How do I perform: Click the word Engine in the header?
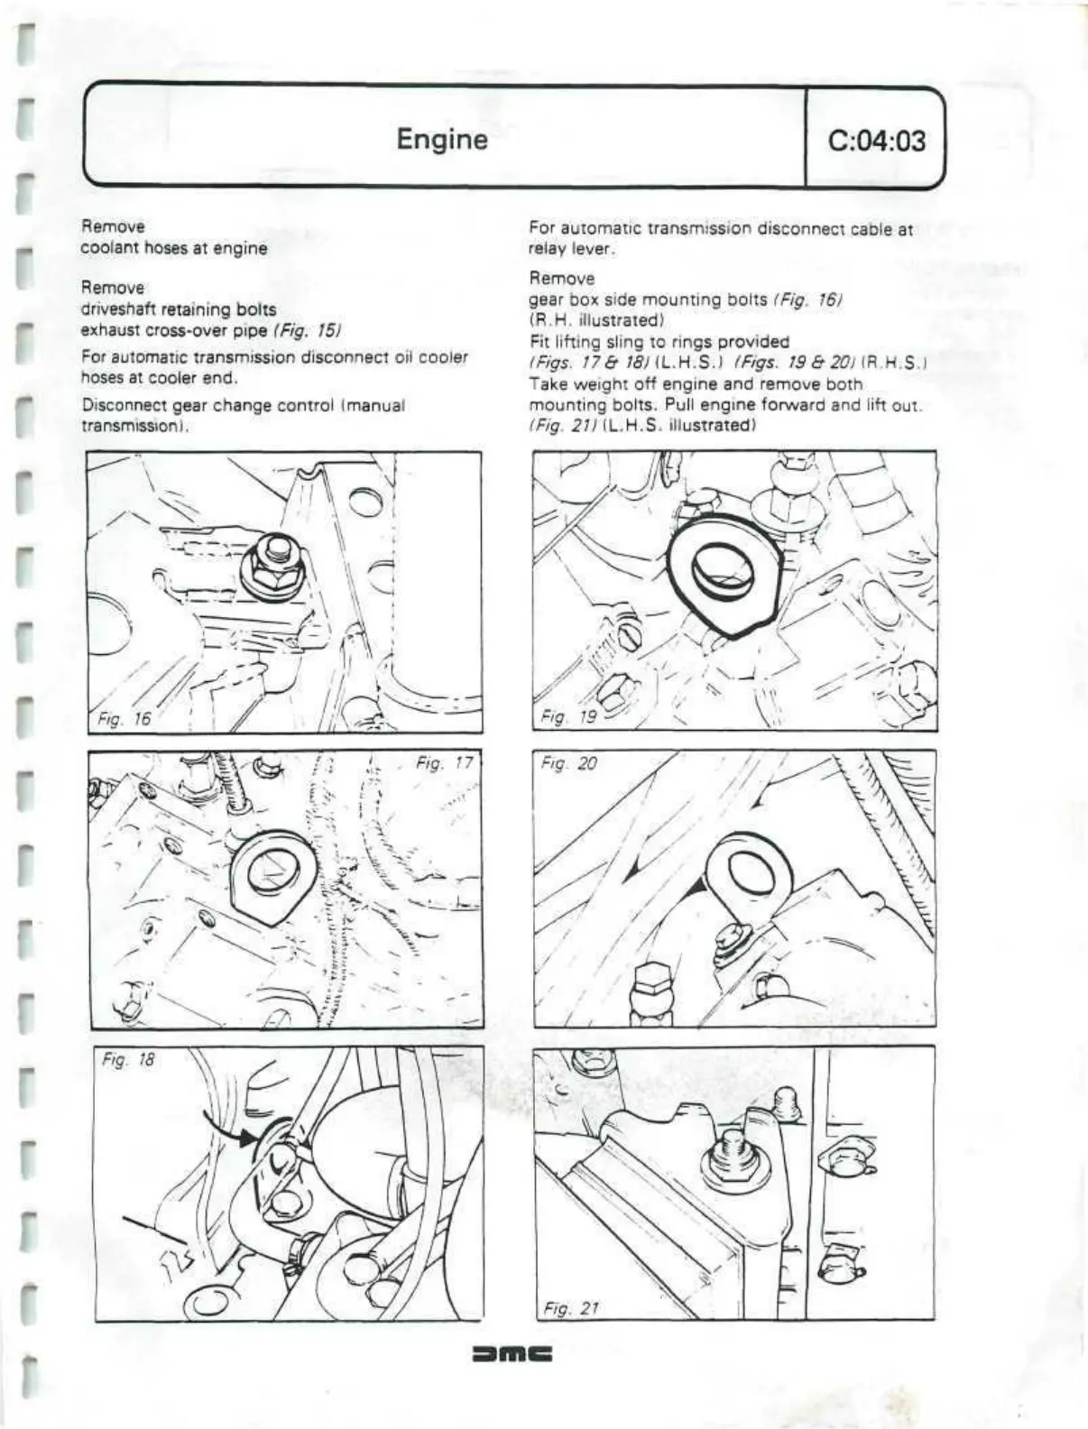pyautogui.click(x=441, y=140)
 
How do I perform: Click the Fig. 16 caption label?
pyautogui.click(x=123, y=718)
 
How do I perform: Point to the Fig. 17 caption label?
pyautogui.click(x=445, y=764)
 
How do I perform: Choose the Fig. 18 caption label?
pyautogui.click(x=128, y=1060)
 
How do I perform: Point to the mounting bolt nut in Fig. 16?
pyautogui.click(x=275, y=573)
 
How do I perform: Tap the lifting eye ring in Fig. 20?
pyautogui.click(x=747, y=871)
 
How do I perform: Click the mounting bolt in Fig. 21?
pyautogui.click(x=726, y=1159)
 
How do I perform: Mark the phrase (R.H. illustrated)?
pyautogui.click(x=596, y=320)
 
